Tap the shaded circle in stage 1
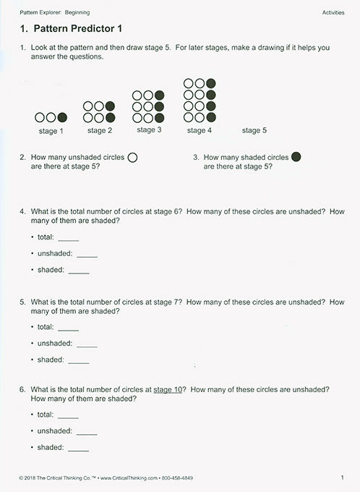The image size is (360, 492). click(x=62, y=117)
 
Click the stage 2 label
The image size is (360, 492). click(x=100, y=131)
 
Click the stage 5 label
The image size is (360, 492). click(x=254, y=131)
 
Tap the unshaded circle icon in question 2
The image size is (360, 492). click(x=132, y=157)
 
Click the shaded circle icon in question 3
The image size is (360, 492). click(x=296, y=157)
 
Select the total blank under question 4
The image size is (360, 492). click(x=68, y=239)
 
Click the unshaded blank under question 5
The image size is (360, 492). click(x=87, y=345)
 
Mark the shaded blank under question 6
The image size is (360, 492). click(x=78, y=449)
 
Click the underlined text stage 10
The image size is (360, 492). click(x=169, y=389)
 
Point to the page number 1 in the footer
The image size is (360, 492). click(x=342, y=478)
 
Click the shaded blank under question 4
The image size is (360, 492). click(x=78, y=271)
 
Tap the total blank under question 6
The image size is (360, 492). click(x=68, y=416)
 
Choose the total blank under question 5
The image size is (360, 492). click(x=68, y=328)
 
